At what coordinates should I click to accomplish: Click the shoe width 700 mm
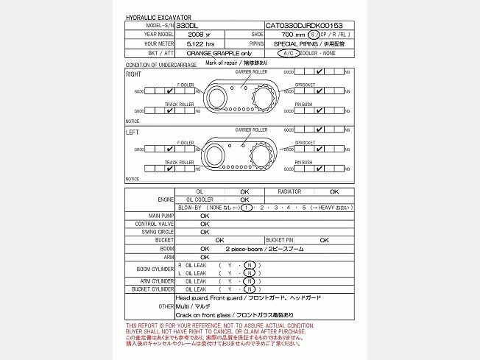[x=294, y=35]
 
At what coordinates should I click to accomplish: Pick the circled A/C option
[x=286, y=54]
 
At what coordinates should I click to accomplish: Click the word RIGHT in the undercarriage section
[x=134, y=74]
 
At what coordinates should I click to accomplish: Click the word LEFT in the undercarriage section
[x=133, y=133]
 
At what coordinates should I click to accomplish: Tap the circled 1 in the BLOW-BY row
[x=248, y=208]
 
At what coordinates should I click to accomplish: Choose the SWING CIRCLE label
[x=159, y=232]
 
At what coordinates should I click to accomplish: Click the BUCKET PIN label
[x=280, y=240]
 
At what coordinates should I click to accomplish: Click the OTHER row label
[x=166, y=306]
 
